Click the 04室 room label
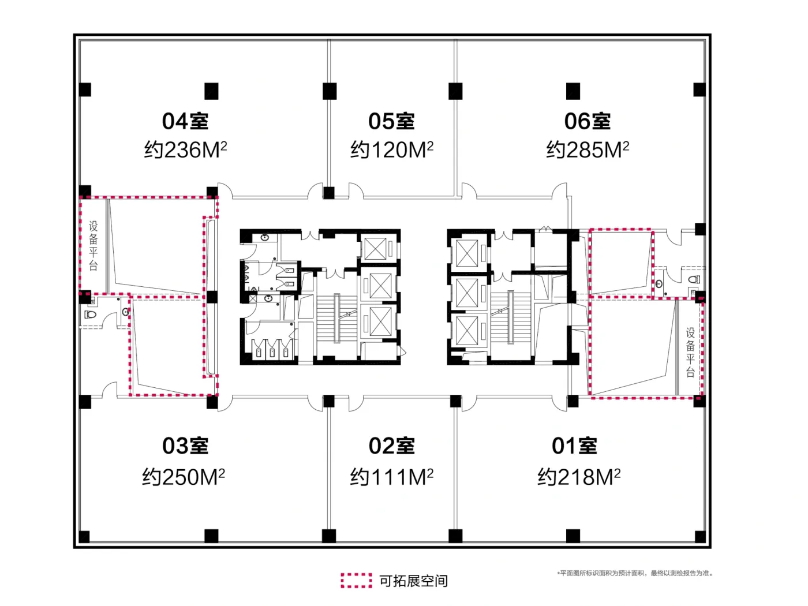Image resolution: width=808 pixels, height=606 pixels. [185, 121]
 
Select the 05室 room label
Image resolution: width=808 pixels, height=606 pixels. [391, 121]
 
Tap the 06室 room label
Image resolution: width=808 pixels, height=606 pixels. [587, 121]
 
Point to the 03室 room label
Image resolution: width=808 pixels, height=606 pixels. [185, 446]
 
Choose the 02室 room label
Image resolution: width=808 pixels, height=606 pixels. [391, 446]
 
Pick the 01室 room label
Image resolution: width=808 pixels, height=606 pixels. [574, 446]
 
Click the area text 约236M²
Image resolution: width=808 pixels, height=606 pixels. [185, 149]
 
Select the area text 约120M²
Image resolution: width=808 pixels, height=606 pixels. [392, 149]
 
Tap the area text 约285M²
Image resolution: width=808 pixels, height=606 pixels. [588, 149]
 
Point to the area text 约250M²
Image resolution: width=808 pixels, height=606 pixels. [184, 477]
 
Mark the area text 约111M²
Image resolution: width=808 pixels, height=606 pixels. [392, 477]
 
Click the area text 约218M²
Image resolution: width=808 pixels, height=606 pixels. [579, 477]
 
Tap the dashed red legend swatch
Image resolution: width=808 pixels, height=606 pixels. [356, 580]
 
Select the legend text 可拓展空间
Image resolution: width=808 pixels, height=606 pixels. [413, 581]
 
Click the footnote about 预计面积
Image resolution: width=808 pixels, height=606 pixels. [635, 573]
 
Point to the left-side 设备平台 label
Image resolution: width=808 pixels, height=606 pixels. [93, 245]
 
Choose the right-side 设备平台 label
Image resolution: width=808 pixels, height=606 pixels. [690, 353]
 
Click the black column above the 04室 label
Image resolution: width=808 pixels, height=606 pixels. [211, 91]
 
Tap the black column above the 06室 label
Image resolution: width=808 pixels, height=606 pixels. [573, 91]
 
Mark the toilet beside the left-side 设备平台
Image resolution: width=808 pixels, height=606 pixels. [90, 315]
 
